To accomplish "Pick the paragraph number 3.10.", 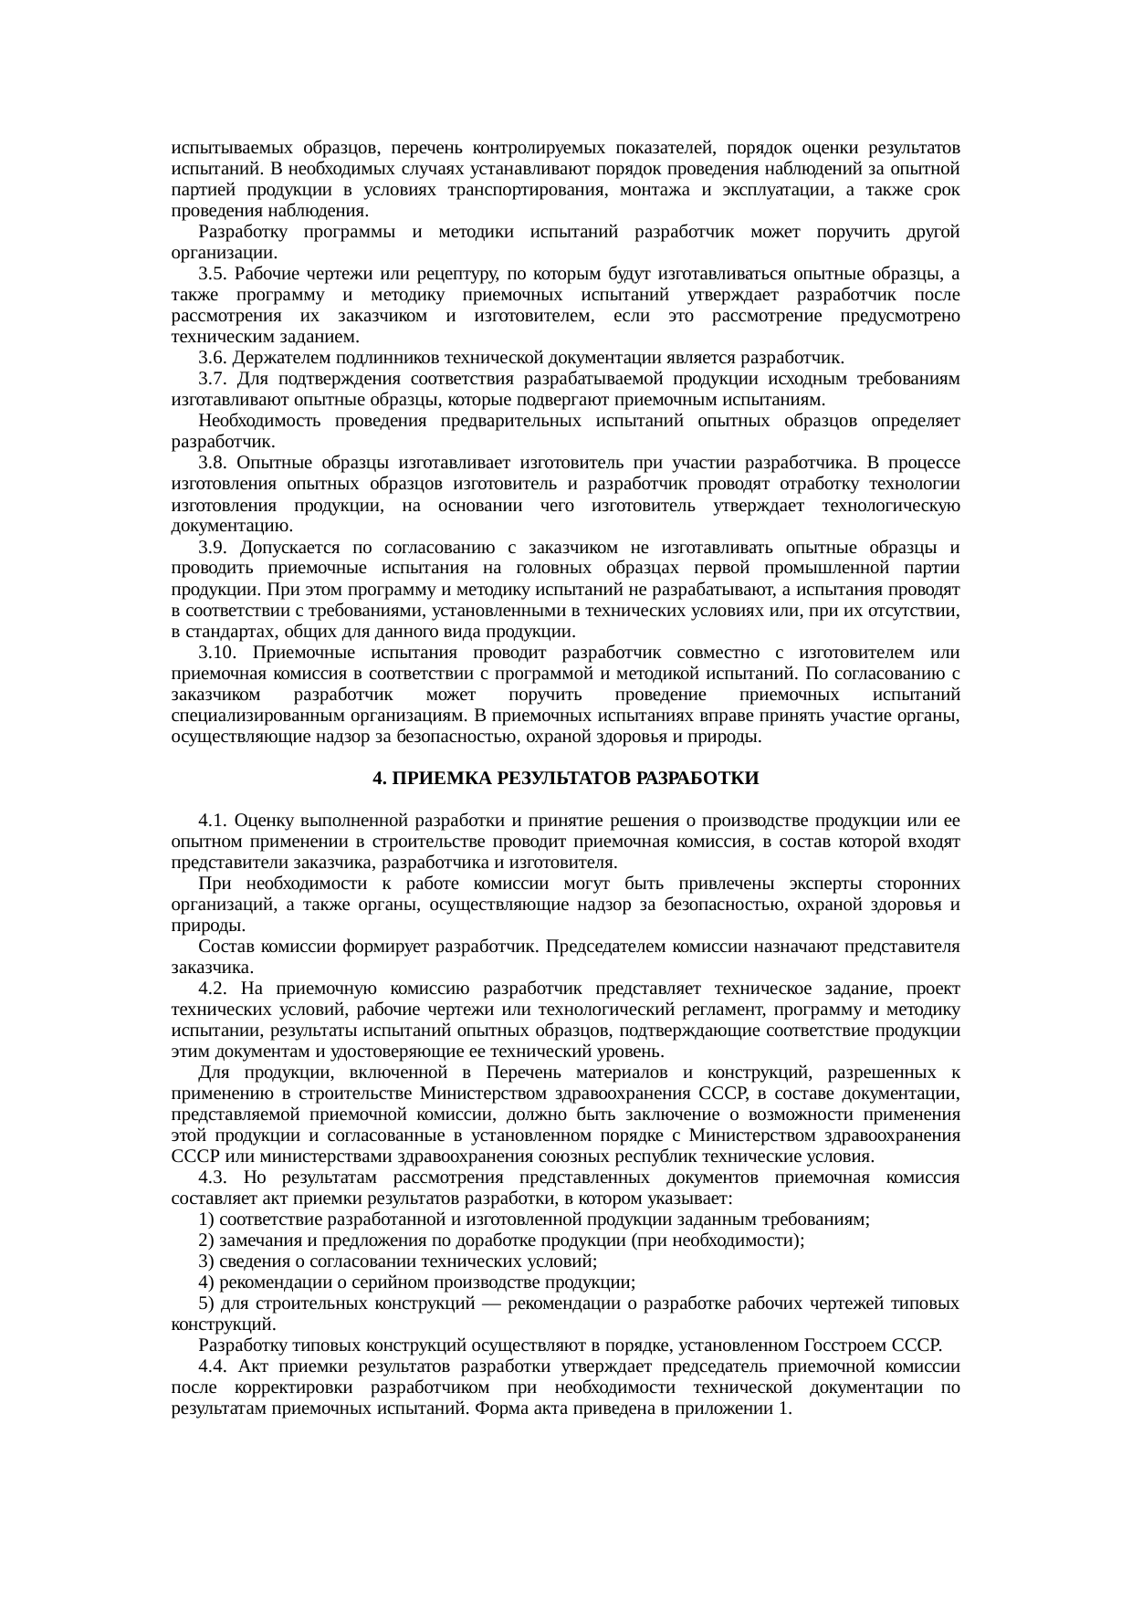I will (218, 653).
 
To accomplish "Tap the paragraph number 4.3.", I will (215, 1178).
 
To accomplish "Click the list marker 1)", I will (206, 1220).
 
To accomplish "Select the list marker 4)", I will (206, 1283).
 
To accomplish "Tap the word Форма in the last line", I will (498, 1408).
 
